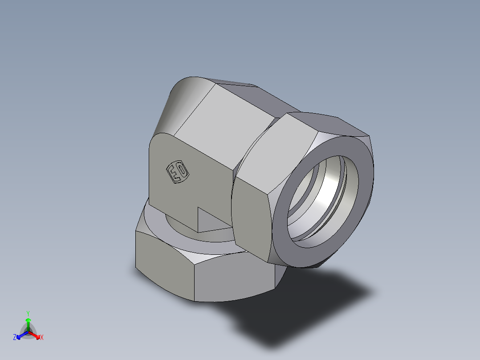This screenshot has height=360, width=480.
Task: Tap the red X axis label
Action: click(x=42, y=338)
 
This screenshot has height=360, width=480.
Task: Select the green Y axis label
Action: click(x=28, y=313)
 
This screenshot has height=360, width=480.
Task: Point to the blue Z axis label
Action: click(x=15, y=338)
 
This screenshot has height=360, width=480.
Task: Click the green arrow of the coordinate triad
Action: click(x=28, y=323)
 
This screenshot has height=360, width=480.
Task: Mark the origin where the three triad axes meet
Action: click(x=28, y=332)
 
